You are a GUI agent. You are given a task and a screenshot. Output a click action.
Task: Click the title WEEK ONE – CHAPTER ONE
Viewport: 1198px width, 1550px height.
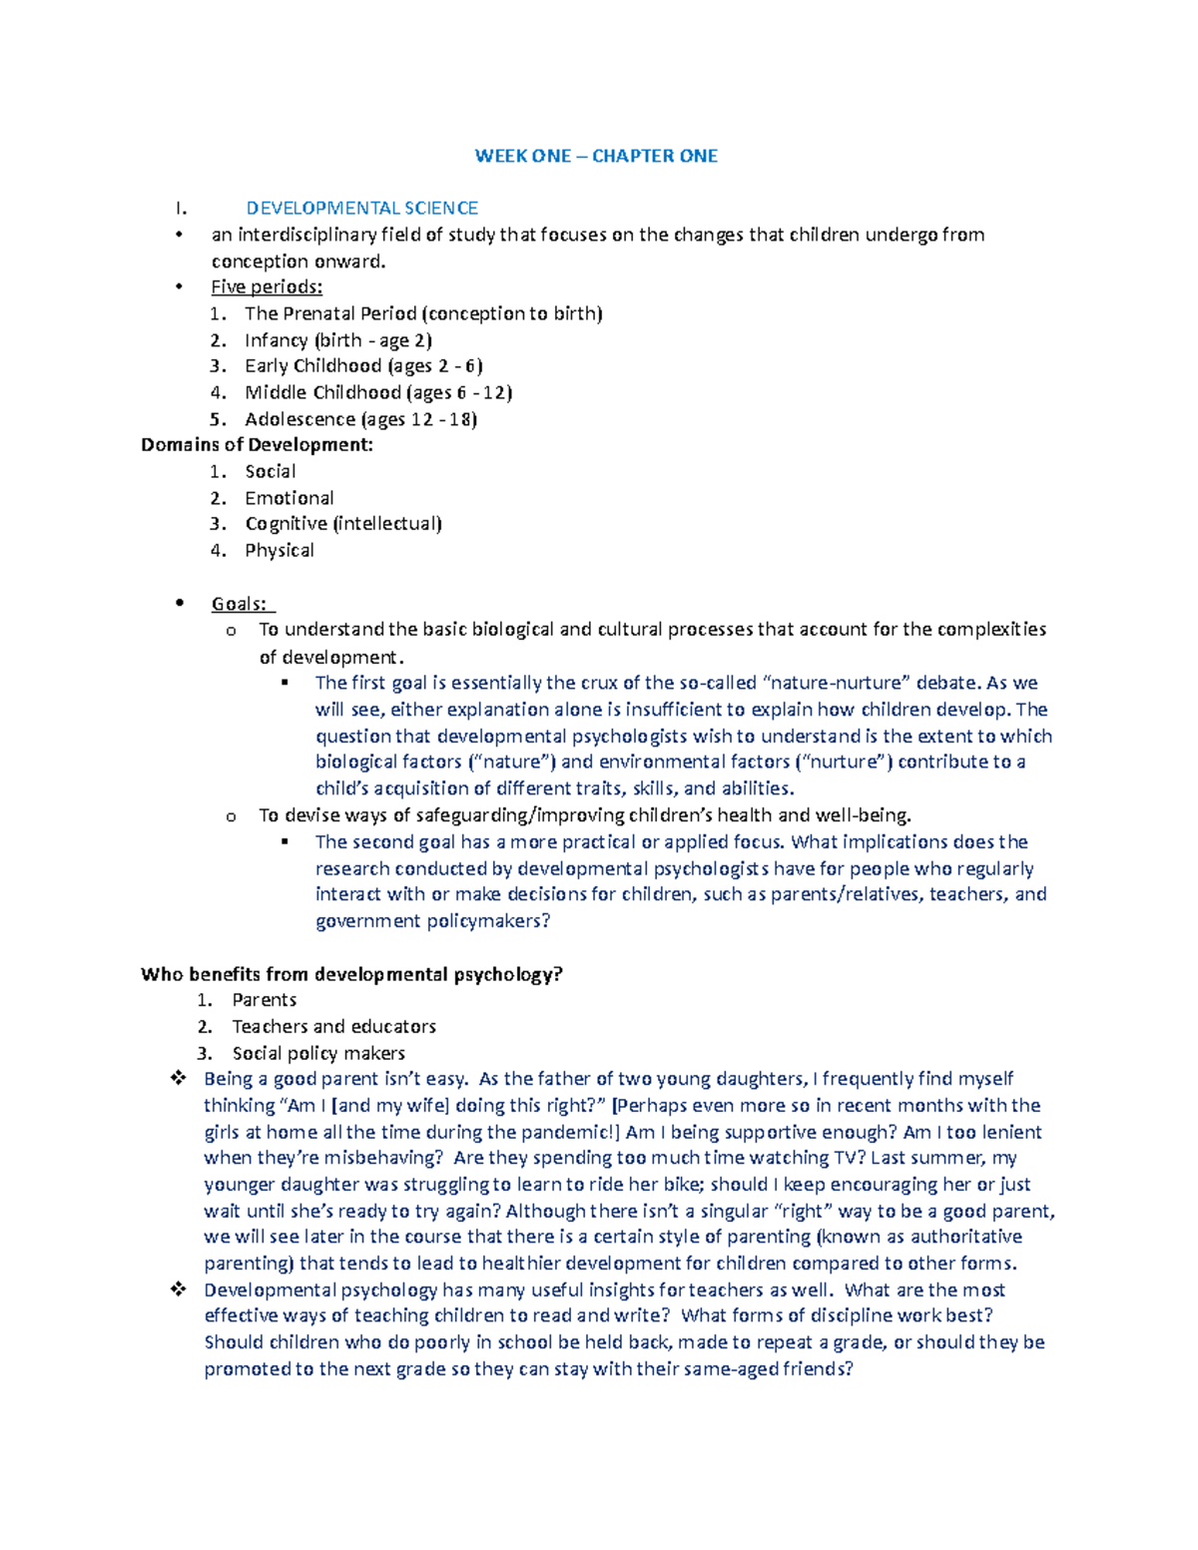coord(596,156)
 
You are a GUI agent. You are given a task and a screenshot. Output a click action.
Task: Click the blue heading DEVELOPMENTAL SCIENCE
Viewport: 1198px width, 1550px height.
coord(361,209)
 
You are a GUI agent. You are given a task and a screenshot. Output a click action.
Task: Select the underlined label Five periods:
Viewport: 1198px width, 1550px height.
coord(267,287)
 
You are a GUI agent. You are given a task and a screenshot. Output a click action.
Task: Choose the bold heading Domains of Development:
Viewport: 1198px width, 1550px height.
coord(257,445)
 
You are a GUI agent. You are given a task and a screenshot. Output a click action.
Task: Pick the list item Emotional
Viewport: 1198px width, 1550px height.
coord(290,498)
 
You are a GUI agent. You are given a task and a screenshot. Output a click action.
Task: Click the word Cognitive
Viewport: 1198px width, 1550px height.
coord(286,524)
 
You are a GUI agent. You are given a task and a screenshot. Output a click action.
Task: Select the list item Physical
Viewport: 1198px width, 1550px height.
coord(280,551)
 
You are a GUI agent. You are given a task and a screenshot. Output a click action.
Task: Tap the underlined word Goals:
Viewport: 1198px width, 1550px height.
coord(239,604)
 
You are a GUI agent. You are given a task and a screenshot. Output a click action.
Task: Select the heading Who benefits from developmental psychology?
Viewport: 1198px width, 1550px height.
coord(351,974)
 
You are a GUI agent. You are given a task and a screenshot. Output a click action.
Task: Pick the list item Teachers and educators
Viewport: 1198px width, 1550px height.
coord(333,1027)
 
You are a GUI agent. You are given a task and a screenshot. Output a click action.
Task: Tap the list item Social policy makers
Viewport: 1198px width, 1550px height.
coord(318,1053)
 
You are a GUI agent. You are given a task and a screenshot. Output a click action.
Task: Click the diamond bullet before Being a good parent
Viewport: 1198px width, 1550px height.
coord(179,1079)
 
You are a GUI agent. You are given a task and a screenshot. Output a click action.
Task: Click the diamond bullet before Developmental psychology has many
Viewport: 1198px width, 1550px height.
coord(179,1290)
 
